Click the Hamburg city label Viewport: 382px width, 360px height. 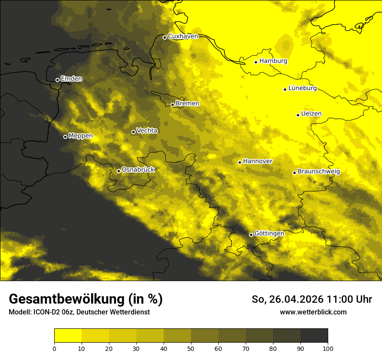coord(273,61)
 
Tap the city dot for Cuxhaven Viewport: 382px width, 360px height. coord(165,37)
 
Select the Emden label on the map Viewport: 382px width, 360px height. coord(71,79)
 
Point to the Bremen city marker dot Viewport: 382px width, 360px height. coord(172,105)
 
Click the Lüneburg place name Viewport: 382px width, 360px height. coord(302,88)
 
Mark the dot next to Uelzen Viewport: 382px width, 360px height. coord(298,115)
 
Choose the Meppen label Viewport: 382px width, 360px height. coord(80,136)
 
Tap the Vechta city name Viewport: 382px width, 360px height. coord(147,131)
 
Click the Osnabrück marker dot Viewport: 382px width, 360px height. coord(119,171)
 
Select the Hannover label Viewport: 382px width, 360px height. coord(257,161)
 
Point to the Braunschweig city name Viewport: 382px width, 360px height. coord(319,172)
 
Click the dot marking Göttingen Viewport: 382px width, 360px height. coord(251,235)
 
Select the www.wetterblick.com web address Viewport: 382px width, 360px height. coord(313,312)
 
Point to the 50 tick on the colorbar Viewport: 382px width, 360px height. coord(191,348)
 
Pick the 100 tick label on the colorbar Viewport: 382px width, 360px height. coord(328,348)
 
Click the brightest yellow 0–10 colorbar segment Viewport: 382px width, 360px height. coord(68,335)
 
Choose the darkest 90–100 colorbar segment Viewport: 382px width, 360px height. coord(314,335)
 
